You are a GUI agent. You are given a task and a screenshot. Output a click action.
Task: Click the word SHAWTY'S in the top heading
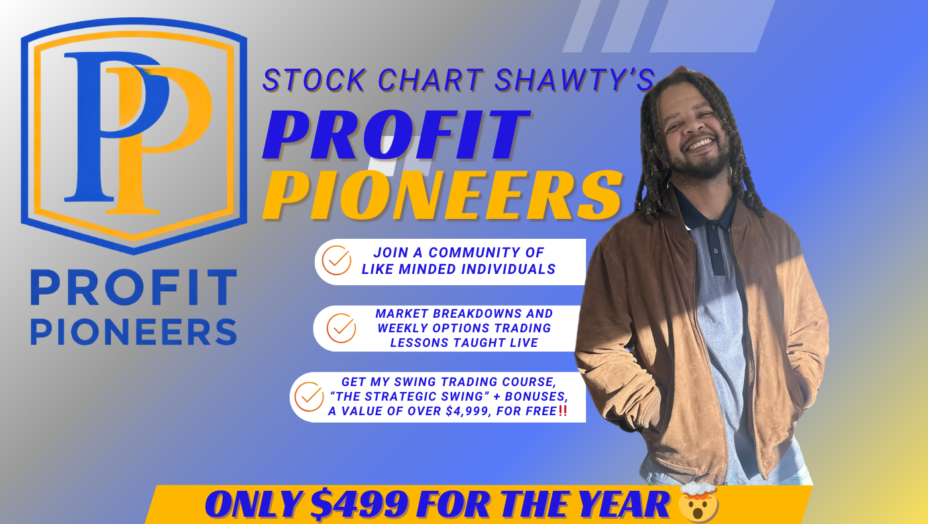tap(575, 80)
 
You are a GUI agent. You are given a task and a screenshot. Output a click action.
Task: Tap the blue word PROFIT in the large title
tap(397, 135)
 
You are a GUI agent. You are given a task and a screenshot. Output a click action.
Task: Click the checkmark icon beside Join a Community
tap(337, 260)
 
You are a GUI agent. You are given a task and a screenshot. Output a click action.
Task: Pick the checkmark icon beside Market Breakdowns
tap(341, 328)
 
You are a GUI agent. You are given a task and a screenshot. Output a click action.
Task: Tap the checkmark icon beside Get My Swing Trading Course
tap(309, 397)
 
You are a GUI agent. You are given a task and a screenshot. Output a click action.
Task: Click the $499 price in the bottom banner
tap(359, 505)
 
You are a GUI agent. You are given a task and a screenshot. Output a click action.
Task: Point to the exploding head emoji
tap(698, 502)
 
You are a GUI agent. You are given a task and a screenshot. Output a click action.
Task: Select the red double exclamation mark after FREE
tap(563, 411)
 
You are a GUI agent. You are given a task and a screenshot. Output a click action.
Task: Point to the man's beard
tap(700, 164)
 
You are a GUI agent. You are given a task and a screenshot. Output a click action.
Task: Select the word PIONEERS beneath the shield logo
tap(134, 332)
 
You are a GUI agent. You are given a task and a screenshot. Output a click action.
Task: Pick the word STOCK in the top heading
tap(314, 80)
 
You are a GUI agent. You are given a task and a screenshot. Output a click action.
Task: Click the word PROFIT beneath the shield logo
tap(134, 287)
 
